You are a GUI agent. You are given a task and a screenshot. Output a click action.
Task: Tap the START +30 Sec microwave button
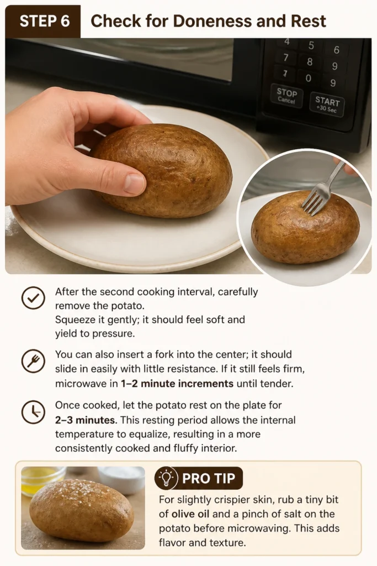click(x=327, y=104)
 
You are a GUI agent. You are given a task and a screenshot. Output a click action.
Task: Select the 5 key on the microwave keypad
click(x=311, y=45)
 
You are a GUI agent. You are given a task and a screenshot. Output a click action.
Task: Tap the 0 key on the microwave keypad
click(x=308, y=78)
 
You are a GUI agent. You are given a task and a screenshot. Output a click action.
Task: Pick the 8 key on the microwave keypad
click(x=310, y=62)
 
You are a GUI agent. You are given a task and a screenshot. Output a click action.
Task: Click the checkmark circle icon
click(x=33, y=298)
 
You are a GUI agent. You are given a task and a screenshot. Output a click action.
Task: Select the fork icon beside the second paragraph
click(x=33, y=361)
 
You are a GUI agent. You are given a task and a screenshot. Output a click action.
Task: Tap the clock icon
click(x=33, y=412)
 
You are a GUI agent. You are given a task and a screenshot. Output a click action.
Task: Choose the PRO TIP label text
click(x=208, y=478)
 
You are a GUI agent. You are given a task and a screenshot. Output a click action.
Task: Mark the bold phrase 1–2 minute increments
click(x=177, y=384)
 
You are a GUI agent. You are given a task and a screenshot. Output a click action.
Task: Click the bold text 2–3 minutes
click(x=86, y=420)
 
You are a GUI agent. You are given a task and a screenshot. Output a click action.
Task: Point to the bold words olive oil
click(x=190, y=514)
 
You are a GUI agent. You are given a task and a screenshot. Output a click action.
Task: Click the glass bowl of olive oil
click(x=43, y=480)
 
